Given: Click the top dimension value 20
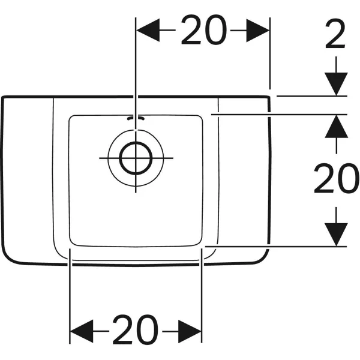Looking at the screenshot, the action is coord(204,30).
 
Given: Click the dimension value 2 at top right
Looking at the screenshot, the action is coord(335,34).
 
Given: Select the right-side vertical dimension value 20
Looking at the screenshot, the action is coord(337,178).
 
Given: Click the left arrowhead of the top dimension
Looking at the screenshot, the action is coord(148,30).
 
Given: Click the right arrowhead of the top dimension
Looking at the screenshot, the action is coord(258,31).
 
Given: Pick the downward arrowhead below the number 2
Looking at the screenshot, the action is coord(336,84).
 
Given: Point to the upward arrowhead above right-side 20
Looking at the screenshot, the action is coord(337,126).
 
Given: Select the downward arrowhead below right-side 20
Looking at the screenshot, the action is coord(336,235).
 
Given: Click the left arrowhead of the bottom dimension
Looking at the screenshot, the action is coord(82,331).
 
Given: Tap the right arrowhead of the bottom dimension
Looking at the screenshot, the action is coord(190,331).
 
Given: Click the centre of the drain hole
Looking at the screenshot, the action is coord(136,158).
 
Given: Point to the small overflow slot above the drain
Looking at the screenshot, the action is coord(136,118).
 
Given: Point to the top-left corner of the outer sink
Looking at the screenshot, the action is coord(3,97).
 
